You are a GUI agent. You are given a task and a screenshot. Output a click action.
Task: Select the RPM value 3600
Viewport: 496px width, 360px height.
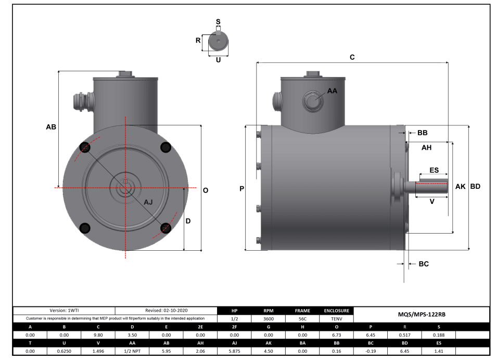click(268, 318)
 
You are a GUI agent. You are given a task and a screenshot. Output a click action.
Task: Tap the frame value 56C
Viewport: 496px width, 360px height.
click(302, 318)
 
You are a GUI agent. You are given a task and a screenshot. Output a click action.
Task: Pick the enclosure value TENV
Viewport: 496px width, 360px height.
click(336, 318)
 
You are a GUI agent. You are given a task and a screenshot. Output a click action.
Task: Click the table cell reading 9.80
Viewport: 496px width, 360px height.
click(98, 335)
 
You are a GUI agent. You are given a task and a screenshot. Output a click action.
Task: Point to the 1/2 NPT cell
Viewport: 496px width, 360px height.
click(132, 352)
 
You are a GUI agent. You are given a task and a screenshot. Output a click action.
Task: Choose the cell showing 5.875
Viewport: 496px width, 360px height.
click(234, 352)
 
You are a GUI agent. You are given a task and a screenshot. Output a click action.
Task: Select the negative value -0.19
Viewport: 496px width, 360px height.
click(371, 352)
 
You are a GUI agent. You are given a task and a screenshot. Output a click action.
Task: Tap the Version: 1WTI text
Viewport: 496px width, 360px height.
click(64, 310)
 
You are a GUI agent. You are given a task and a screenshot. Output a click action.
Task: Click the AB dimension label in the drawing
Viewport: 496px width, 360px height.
click(51, 127)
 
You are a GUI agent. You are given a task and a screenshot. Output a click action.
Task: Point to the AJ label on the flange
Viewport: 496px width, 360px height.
click(148, 202)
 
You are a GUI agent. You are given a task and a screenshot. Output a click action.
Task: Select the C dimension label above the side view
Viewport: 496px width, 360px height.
click(352, 57)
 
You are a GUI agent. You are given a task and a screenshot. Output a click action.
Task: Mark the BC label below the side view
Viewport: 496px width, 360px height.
click(424, 264)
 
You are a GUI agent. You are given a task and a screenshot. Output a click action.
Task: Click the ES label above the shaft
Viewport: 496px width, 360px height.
click(434, 170)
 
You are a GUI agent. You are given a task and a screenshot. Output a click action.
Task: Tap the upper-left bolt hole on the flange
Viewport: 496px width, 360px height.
click(85, 148)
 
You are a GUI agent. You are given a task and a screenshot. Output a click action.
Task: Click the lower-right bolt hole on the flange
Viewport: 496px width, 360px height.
click(166, 228)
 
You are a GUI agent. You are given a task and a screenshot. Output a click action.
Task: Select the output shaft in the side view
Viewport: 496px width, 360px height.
click(431, 186)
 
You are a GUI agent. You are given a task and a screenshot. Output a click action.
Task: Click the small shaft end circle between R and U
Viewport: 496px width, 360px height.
click(218, 41)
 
